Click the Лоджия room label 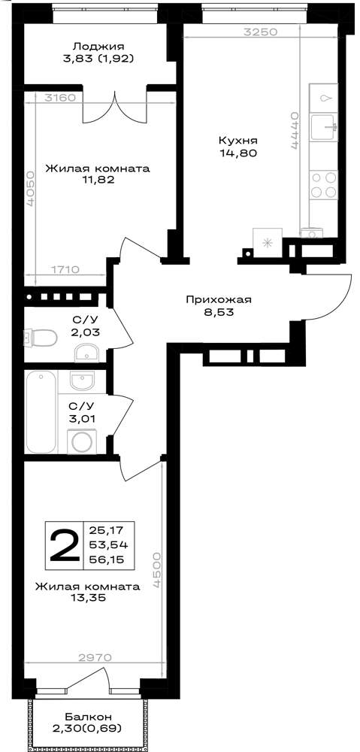[x=98, y=47]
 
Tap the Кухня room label [x=238, y=141]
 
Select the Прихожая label [x=219, y=300]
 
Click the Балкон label [x=89, y=717]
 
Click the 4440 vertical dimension [x=295, y=132]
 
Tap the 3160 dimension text [x=59, y=98]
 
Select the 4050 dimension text [x=31, y=189]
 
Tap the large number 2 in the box [x=64, y=545]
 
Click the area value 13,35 [x=89, y=597]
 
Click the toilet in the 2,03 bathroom [x=41, y=338]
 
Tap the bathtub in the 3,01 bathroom [x=41, y=411]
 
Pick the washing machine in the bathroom [x=81, y=441]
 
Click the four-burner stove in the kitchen [x=324, y=185]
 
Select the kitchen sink [x=324, y=127]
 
